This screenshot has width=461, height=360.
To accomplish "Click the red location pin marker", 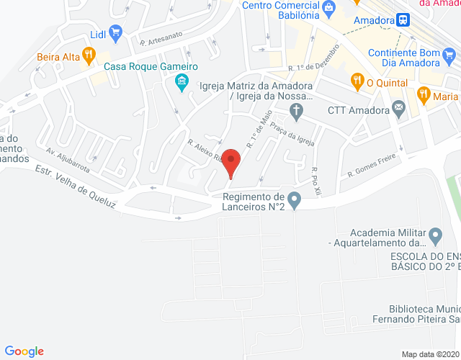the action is click(230, 161).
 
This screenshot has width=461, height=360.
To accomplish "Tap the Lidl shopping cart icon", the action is click(115, 32).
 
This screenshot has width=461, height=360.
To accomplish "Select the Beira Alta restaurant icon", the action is click(89, 54).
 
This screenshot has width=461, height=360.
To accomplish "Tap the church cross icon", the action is click(295, 110).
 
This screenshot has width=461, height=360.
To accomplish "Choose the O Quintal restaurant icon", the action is click(356, 81).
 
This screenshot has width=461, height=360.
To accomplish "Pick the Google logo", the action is click(24, 351).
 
